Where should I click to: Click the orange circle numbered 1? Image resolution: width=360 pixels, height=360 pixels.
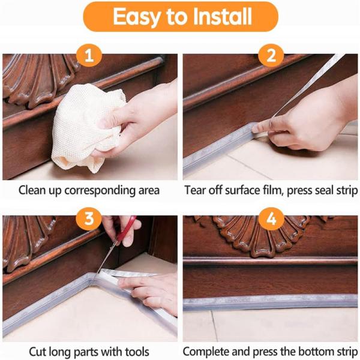(x=89, y=55)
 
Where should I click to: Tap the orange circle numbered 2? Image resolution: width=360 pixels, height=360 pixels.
(x=271, y=55)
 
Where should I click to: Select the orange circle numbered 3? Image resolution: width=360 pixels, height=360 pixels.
(x=89, y=219)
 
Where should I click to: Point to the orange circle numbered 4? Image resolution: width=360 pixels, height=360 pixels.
(x=271, y=219)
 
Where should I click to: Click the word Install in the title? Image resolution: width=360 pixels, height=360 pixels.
(x=222, y=16)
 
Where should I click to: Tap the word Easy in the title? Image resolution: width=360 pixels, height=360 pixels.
(x=137, y=17)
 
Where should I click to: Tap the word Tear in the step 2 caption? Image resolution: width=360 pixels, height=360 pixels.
(x=196, y=190)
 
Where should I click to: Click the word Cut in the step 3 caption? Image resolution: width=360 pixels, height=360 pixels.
(x=37, y=352)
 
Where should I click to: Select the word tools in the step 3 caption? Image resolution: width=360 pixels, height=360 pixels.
(x=137, y=352)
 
